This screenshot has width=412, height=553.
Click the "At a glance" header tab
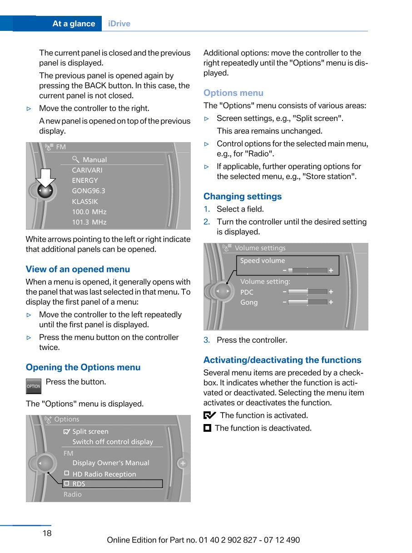click(x=74, y=24)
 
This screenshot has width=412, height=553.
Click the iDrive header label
click(x=119, y=24)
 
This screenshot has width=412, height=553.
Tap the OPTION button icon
click(x=34, y=386)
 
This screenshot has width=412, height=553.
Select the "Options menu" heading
click(x=233, y=93)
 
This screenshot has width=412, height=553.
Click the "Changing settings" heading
click(x=242, y=196)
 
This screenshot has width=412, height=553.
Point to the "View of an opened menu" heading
click(x=78, y=269)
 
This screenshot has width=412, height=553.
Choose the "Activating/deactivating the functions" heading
click(x=282, y=360)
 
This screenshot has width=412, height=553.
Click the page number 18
click(x=47, y=533)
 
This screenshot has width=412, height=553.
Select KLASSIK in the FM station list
click(x=85, y=201)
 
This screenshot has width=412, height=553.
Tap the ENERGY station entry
click(x=85, y=180)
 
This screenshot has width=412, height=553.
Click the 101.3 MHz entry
click(x=89, y=222)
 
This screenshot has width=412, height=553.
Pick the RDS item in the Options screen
click(x=79, y=484)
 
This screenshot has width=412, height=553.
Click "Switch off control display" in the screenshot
click(x=113, y=442)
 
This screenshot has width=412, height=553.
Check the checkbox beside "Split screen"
click(x=67, y=431)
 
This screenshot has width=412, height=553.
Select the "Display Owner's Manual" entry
click(x=111, y=463)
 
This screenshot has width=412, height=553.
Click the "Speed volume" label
click(x=263, y=261)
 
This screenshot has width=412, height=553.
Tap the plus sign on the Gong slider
click(x=331, y=302)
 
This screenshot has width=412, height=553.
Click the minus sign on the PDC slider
click(x=284, y=292)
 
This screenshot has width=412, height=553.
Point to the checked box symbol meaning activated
click(x=209, y=415)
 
